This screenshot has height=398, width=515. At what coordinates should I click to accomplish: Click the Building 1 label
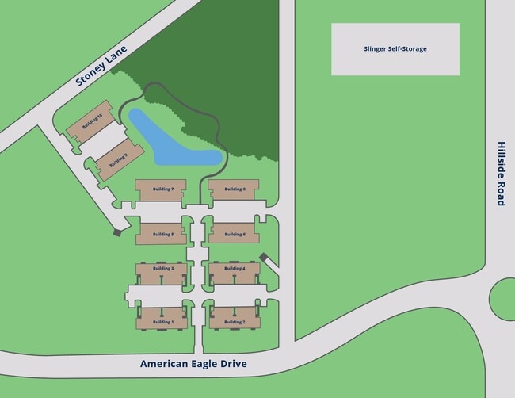[162, 322]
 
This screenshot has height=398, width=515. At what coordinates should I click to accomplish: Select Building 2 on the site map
[234, 322]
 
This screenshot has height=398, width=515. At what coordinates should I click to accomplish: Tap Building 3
[162, 269]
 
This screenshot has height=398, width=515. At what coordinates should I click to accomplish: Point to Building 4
[234, 269]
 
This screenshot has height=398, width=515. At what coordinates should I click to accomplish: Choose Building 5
[162, 235]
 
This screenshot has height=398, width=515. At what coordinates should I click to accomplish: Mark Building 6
[234, 235]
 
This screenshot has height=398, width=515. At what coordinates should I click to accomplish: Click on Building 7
[161, 189]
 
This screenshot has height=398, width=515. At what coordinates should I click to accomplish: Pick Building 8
[234, 189]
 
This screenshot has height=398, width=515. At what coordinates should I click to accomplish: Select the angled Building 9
[118, 161]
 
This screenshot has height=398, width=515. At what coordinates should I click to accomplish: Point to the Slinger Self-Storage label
[395, 49]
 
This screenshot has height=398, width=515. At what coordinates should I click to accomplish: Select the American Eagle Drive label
[193, 364]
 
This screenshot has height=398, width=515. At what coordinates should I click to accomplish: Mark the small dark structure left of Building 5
[118, 232]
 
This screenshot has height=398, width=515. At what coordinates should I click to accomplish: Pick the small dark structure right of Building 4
[264, 256]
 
